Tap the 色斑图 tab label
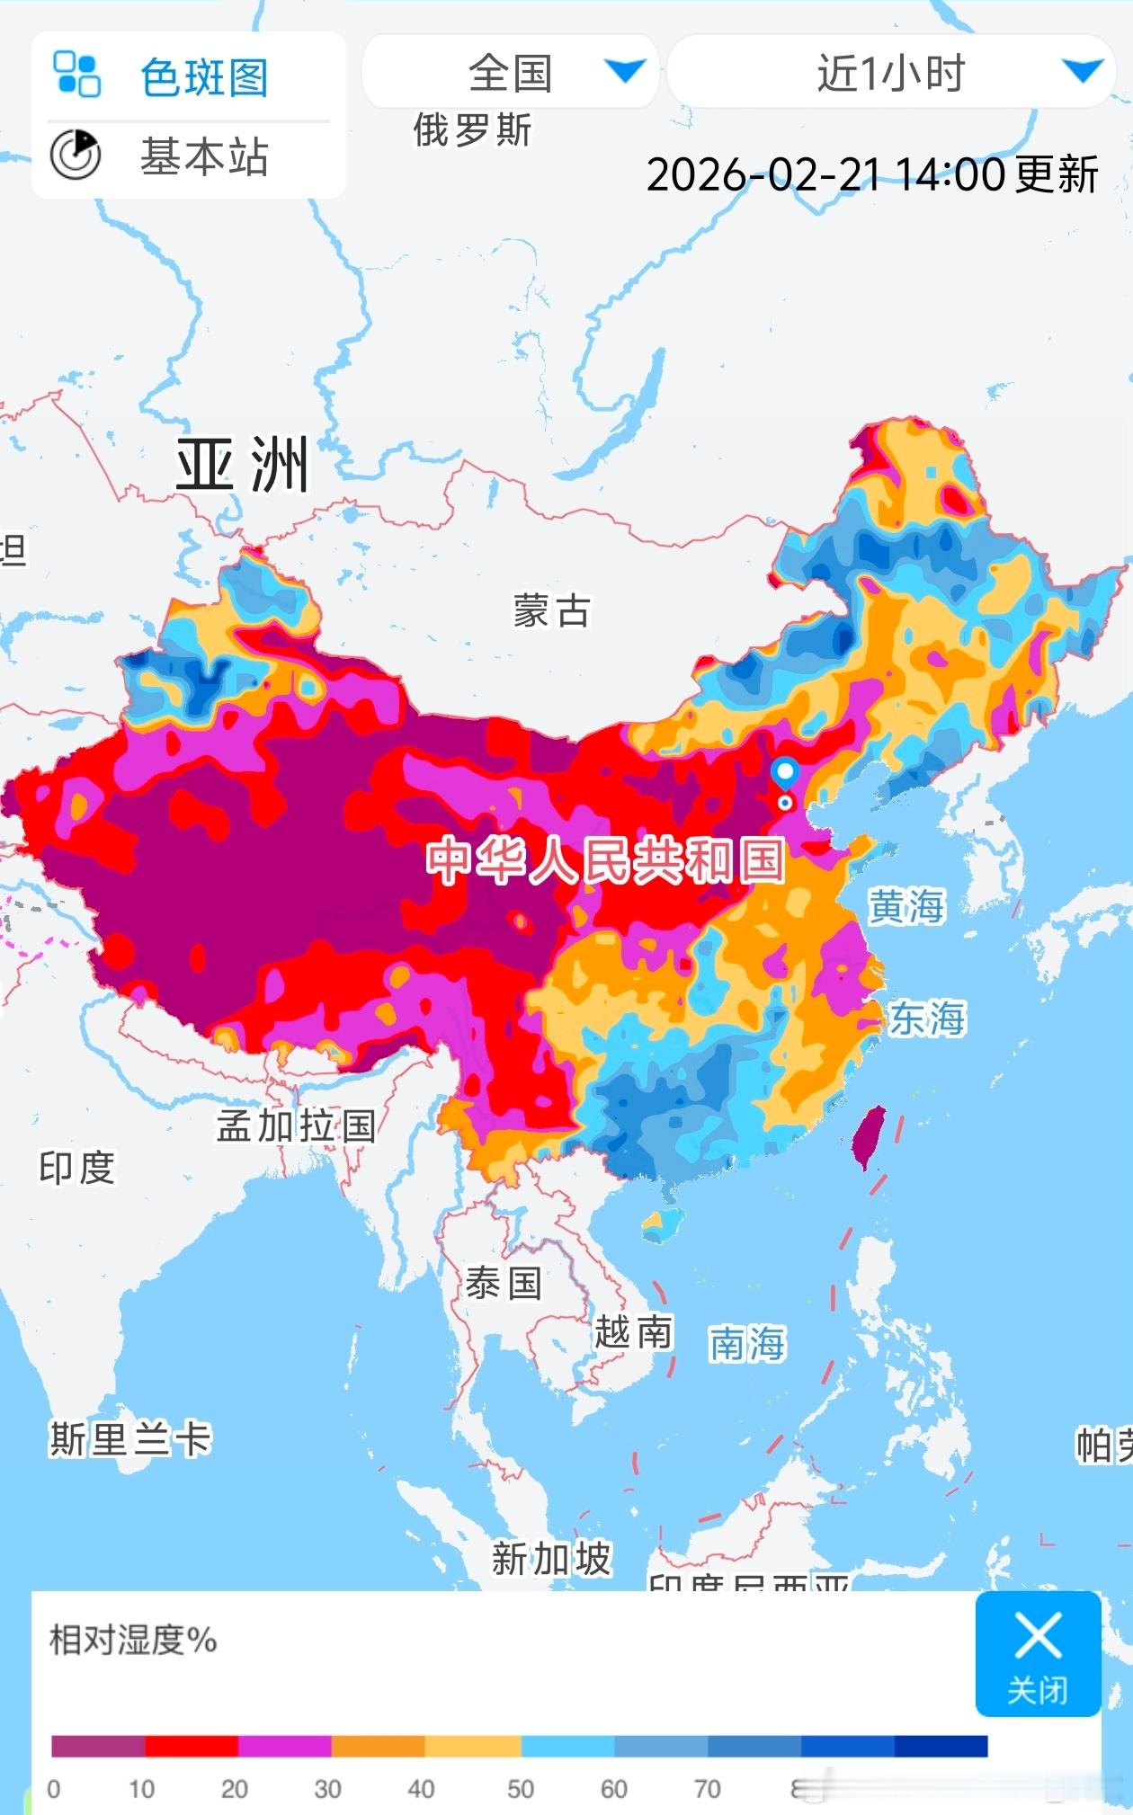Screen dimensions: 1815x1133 [204, 77]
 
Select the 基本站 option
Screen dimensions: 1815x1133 [204, 156]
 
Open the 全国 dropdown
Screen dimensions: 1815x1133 [510, 72]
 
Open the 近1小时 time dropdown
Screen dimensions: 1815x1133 [890, 72]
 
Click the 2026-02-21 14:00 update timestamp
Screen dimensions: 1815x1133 [871, 173]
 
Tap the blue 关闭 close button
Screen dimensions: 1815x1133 [1038, 1653]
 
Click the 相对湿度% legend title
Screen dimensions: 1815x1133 [133, 1641]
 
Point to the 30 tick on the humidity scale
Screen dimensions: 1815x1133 [327, 1789]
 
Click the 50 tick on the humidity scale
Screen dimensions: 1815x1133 [521, 1789]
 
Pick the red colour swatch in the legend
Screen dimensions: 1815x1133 [192, 1746]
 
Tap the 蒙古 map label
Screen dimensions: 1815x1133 [552, 611]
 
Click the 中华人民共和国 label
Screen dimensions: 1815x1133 [606, 860]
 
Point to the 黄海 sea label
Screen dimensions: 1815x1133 [906, 906]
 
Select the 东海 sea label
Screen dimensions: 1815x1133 [927, 1019]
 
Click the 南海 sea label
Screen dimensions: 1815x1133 [747, 1344]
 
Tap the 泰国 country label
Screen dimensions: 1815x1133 [504, 1283]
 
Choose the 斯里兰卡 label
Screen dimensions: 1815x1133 [130, 1439]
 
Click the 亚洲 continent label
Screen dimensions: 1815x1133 [242, 465]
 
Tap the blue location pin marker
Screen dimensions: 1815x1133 [785, 772]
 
